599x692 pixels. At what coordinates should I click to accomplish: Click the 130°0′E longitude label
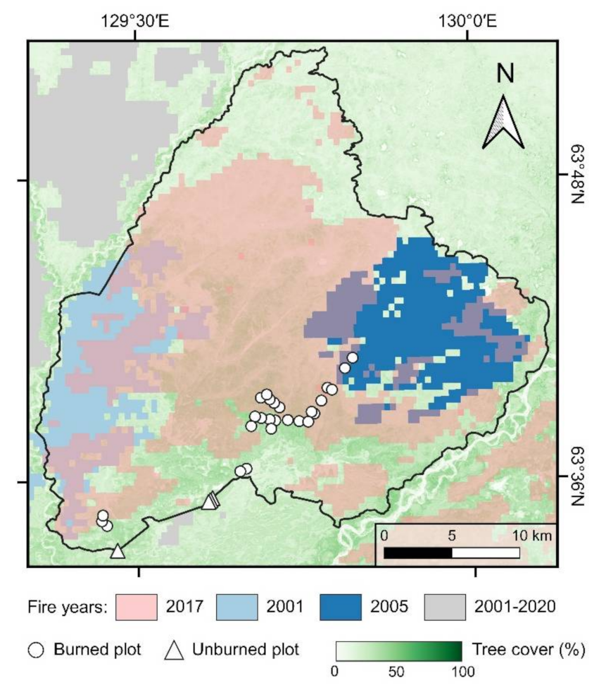pyautogui.click(x=467, y=21)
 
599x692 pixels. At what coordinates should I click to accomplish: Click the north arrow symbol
pyautogui.click(x=503, y=121)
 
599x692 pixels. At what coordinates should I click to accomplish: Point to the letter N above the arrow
pyautogui.click(x=504, y=73)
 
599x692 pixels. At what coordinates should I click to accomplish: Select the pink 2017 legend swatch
pyautogui.click(x=138, y=606)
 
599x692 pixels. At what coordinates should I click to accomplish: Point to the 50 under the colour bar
pyautogui.click(x=398, y=670)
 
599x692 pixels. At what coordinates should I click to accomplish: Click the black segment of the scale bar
pyautogui.click(x=417, y=552)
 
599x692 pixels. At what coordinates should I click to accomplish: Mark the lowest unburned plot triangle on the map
pyautogui.click(x=118, y=551)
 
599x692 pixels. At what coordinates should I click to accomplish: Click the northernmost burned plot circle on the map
pyautogui.click(x=353, y=358)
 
